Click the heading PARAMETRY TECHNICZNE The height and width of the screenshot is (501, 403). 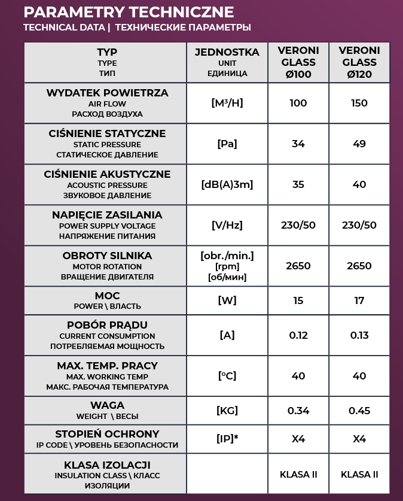[x=128, y=12]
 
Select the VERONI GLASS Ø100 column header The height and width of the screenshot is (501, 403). [x=298, y=62]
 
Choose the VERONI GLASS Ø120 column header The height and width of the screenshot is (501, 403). [x=359, y=62]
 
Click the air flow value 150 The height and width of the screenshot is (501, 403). [x=359, y=103]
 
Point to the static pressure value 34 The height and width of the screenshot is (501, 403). [x=298, y=144]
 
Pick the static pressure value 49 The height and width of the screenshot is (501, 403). [x=359, y=144]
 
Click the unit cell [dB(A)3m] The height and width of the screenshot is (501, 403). [x=227, y=184]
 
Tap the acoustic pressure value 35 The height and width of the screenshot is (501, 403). [x=298, y=184]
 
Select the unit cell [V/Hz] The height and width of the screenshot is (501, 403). [x=227, y=225]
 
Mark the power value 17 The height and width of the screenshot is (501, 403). [x=359, y=300]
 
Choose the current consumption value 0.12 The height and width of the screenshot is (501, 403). [x=298, y=335]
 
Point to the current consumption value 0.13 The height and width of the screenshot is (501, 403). [x=359, y=335]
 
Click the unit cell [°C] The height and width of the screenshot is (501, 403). [x=227, y=376]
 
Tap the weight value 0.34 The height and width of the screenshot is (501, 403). [x=298, y=411]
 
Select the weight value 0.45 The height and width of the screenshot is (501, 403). [x=359, y=411]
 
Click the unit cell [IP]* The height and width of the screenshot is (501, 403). [x=227, y=439]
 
